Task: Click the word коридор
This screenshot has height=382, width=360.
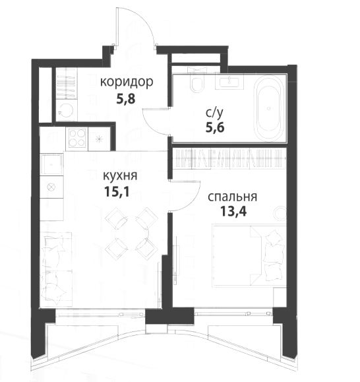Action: (x=127, y=82)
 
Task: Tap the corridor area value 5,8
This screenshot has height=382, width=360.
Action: (x=125, y=99)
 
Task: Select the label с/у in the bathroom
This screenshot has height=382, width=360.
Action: (x=214, y=113)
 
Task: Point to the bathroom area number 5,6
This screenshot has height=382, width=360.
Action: (x=215, y=127)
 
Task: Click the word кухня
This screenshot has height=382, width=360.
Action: (x=120, y=175)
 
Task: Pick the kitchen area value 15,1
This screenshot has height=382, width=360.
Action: (x=116, y=191)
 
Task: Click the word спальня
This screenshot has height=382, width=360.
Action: (x=233, y=197)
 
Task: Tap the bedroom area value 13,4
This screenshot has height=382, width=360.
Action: (x=233, y=211)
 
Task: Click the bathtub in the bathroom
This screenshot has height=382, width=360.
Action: (x=269, y=108)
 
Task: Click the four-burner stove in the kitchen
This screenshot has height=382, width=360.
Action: (x=77, y=138)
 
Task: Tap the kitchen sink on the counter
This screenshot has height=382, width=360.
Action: (x=51, y=164)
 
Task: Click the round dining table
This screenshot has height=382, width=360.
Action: (x=131, y=234)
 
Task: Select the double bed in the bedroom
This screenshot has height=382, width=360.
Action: (x=249, y=256)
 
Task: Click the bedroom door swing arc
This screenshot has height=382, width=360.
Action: (x=193, y=197)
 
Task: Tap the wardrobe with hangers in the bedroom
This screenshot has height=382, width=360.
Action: (x=229, y=158)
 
